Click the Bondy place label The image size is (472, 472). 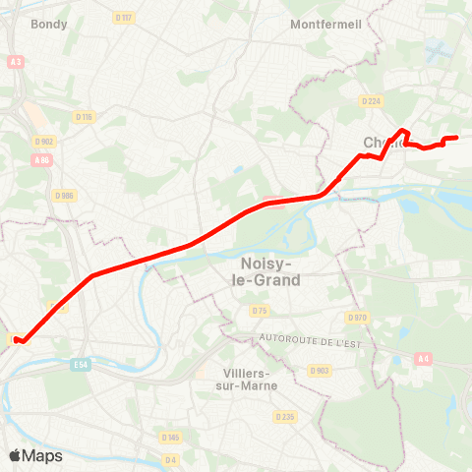pos(49,24)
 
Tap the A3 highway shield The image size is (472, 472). pos(16,61)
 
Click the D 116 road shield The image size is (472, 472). pos(83,117)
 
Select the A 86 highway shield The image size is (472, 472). pos(40,159)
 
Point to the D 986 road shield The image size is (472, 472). pos(65,195)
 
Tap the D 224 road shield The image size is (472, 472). pos(370,100)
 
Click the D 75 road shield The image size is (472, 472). pos(259,311)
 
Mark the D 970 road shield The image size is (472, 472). pos(356,318)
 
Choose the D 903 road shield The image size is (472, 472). pos(319,370)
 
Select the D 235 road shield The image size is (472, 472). pos(285,417)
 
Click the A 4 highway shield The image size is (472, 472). pos(424,358)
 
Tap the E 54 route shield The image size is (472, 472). pos(82,364)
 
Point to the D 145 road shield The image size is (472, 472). pos(171,436)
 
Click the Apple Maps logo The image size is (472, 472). pos(35,455)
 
